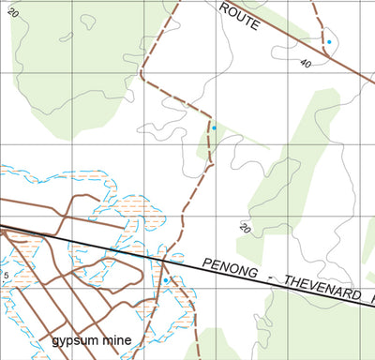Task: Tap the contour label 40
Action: pos(306,64)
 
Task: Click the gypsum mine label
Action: pos(90,339)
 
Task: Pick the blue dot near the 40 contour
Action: pos(329,42)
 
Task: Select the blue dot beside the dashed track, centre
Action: pos(214,127)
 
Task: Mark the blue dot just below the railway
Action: pos(166,280)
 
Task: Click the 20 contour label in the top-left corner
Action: pos(12,14)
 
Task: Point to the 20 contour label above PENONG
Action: pos(246,228)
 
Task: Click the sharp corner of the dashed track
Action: pos(142,73)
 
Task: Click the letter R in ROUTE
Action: pos(227,7)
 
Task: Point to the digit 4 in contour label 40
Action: pos(303,62)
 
